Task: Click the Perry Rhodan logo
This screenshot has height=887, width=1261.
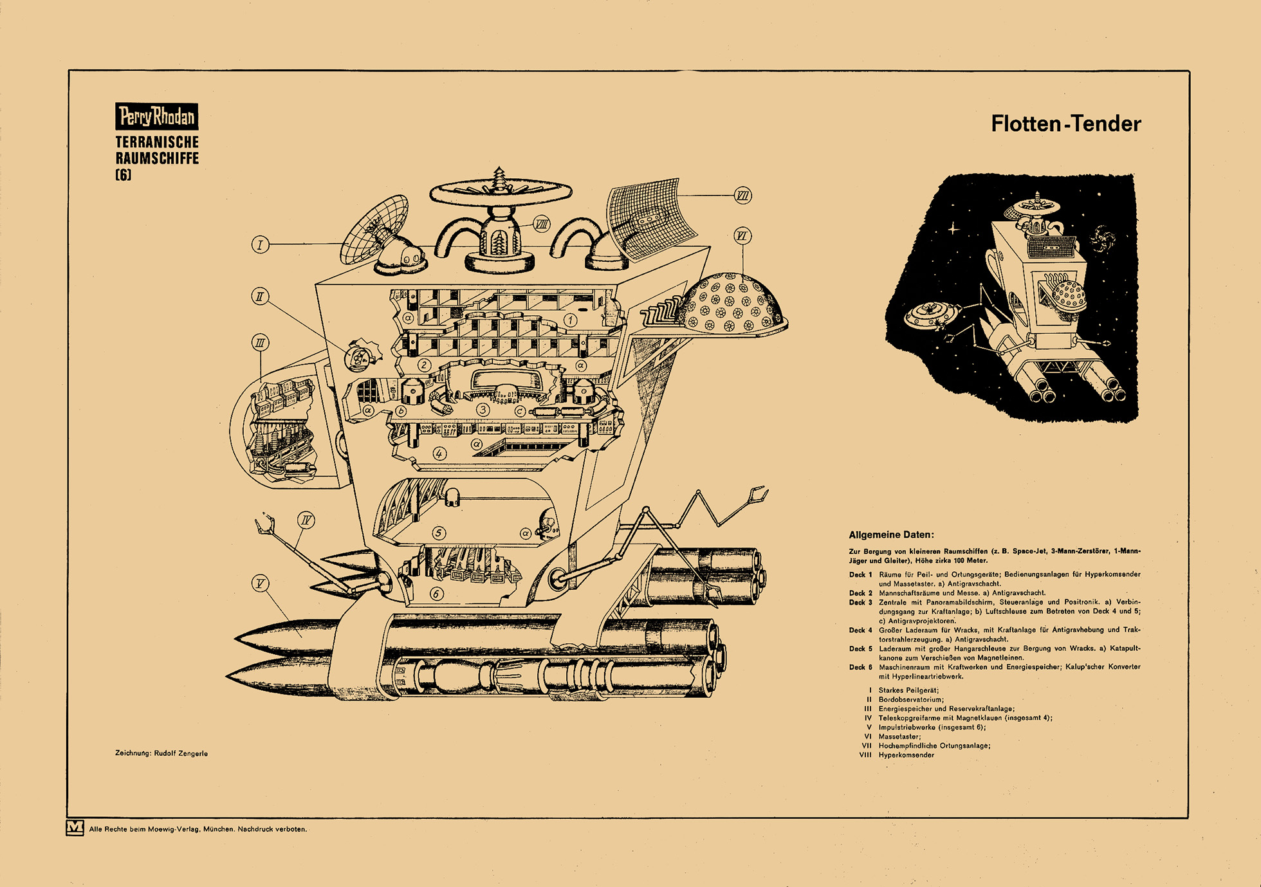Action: tap(156, 116)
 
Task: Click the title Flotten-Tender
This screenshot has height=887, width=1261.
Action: tap(1065, 123)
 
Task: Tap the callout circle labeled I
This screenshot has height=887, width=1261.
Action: tap(260, 244)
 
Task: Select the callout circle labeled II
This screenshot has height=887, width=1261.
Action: tap(260, 297)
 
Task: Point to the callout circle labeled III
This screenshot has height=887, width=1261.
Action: tap(260, 343)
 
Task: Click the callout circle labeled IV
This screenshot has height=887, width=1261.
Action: tap(306, 520)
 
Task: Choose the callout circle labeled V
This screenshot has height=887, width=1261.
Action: tap(260, 583)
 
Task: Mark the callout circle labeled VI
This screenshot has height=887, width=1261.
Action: tap(742, 236)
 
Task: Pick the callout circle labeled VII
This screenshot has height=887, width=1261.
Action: tap(742, 196)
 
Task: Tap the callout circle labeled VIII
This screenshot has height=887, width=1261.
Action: tap(542, 224)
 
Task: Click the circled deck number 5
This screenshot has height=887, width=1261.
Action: tap(439, 533)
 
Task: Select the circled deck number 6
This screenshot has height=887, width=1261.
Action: tap(436, 593)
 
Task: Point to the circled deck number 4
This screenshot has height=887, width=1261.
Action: tap(439, 453)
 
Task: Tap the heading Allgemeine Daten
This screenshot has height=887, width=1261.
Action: tap(891, 535)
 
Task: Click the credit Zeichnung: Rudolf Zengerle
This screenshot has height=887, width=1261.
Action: tap(161, 753)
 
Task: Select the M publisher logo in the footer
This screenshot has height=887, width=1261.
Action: tap(75, 828)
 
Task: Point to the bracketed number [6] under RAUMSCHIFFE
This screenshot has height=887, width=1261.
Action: tap(123, 174)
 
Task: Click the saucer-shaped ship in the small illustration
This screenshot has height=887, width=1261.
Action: tap(930, 315)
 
